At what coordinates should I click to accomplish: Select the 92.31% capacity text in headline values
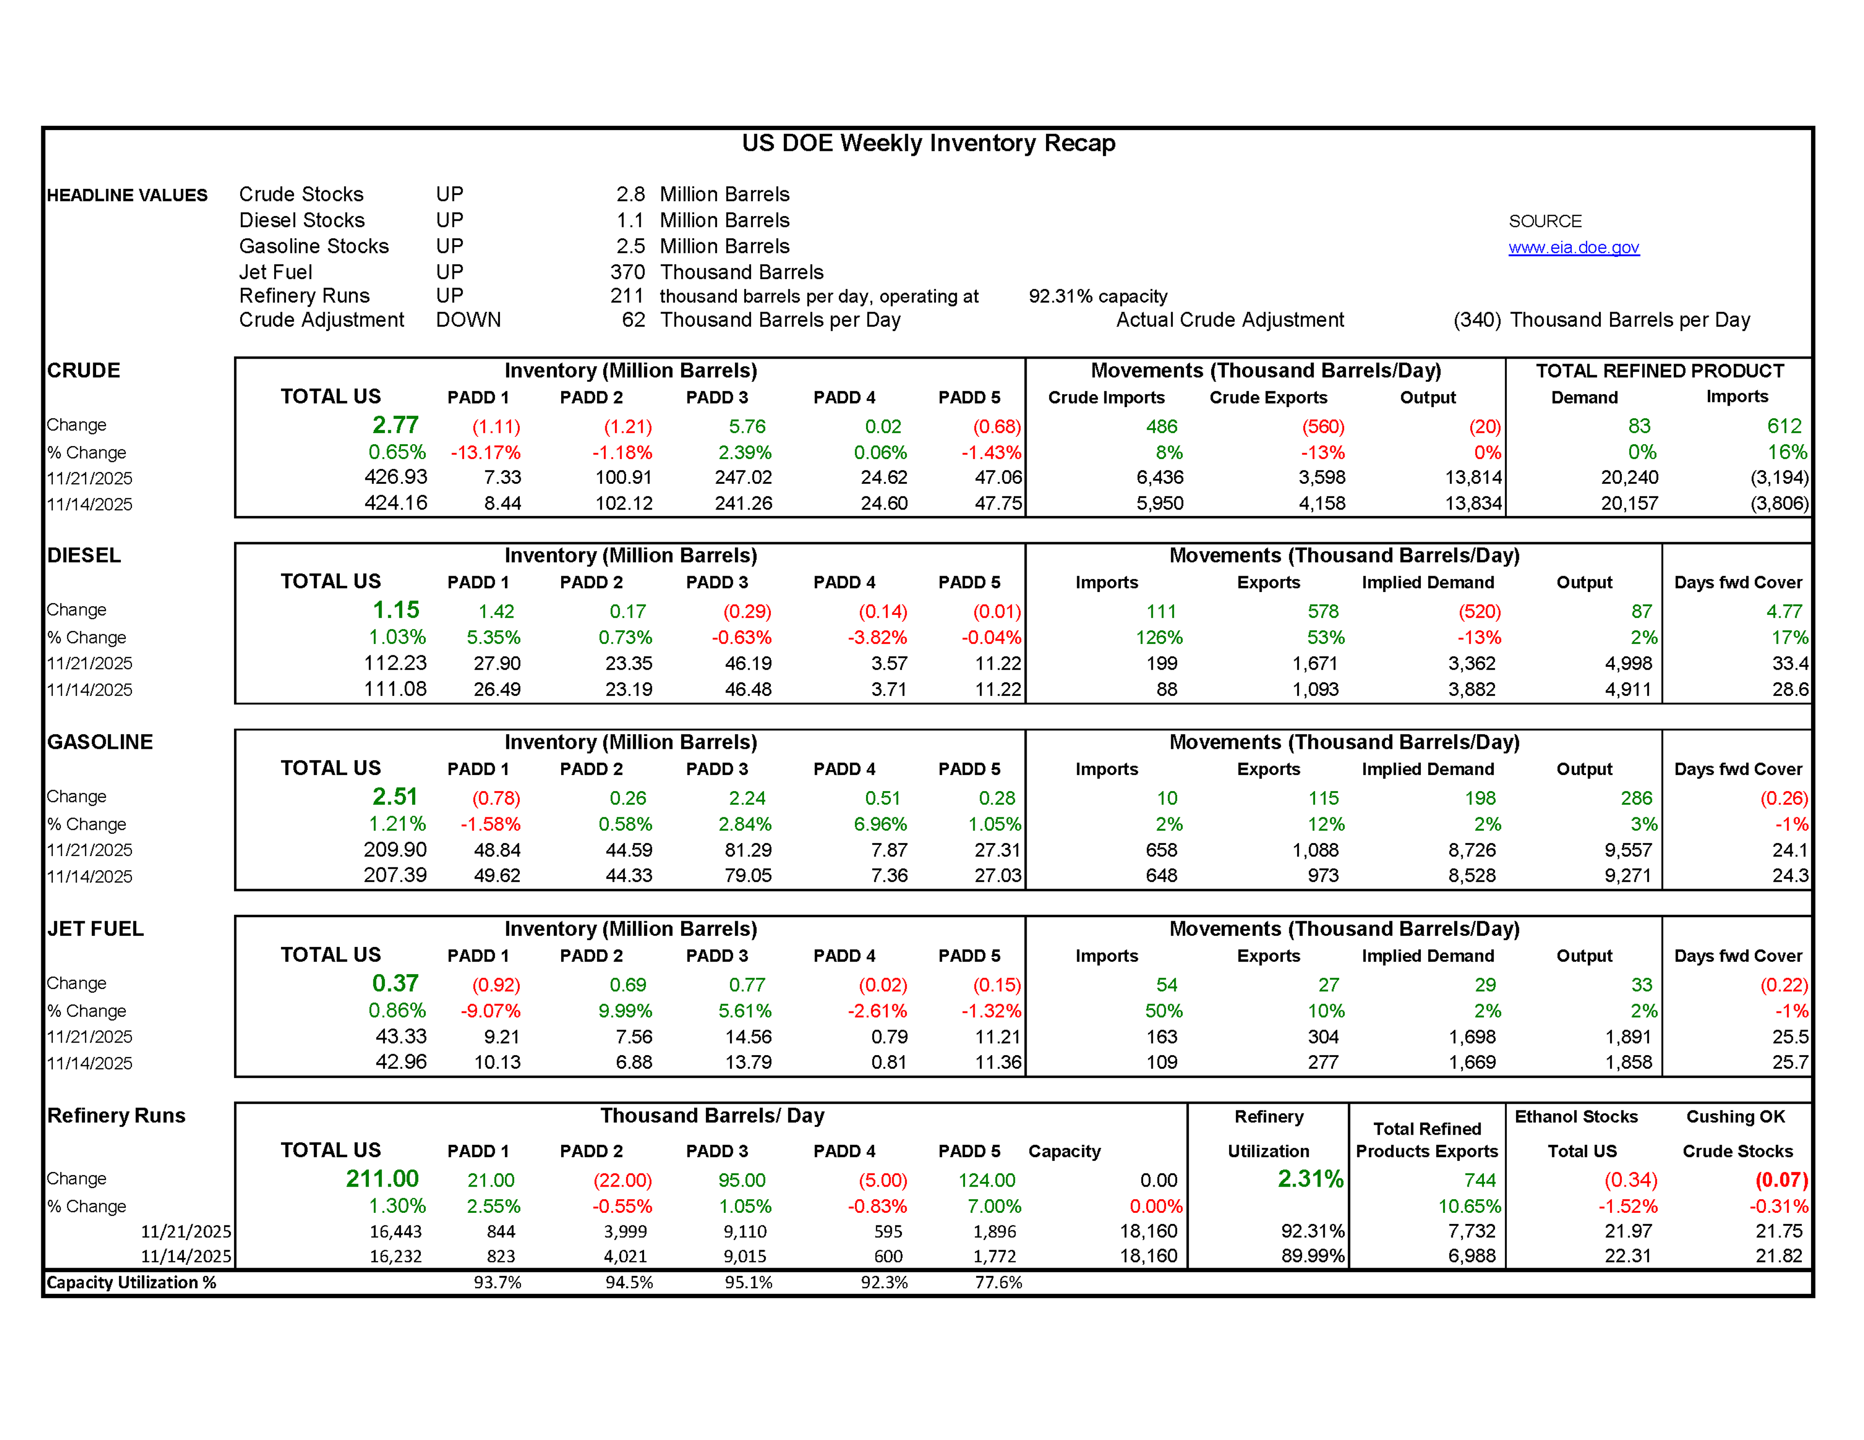click(1098, 296)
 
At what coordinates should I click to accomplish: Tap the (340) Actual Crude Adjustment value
click(1477, 320)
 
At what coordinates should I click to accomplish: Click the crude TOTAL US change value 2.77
click(395, 425)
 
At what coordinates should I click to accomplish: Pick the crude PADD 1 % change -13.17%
click(485, 452)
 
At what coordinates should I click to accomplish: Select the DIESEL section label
click(83, 556)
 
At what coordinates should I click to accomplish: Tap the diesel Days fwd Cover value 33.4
click(1790, 663)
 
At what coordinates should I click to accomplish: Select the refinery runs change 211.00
click(382, 1179)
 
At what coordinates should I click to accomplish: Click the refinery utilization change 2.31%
click(1310, 1179)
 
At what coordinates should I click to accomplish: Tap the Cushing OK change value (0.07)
click(1781, 1180)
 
